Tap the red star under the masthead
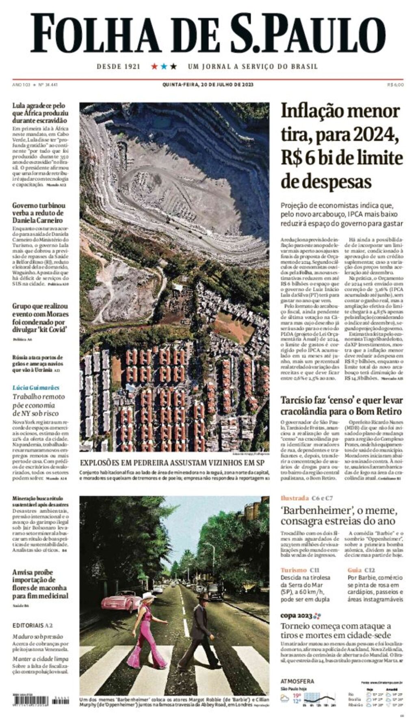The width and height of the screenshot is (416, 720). (x=154, y=66)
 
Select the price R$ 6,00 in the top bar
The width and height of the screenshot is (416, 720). (x=395, y=85)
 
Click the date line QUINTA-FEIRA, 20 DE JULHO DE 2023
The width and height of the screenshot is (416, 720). (x=208, y=85)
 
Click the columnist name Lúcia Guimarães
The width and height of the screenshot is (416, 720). (x=36, y=387)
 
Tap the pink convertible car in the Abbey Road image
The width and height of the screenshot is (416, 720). (x=121, y=600)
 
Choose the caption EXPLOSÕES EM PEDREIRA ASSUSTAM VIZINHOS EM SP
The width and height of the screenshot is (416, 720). (x=172, y=463)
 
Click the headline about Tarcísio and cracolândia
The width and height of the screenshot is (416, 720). (x=341, y=405)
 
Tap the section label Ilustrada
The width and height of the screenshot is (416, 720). (x=295, y=498)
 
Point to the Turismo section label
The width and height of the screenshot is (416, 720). (x=293, y=570)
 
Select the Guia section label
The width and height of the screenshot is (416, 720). (x=355, y=570)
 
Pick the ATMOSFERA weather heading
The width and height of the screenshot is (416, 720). (x=297, y=681)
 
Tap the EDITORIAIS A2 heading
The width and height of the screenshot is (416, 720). (x=32, y=625)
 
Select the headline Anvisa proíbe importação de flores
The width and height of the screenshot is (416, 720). (x=40, y=584)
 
